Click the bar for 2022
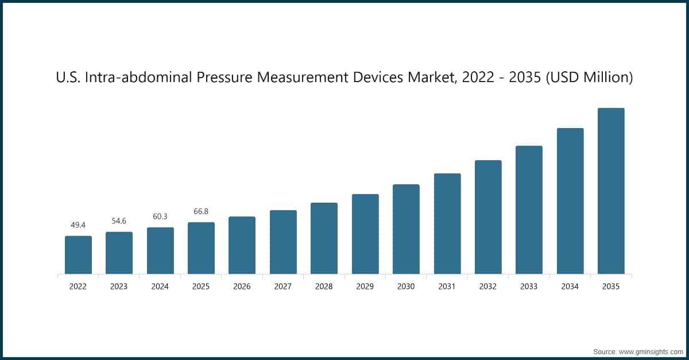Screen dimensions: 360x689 tap(78, 255)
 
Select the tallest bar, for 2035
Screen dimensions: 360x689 tap(611, 191)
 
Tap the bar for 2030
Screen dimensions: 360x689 tap(406, 229)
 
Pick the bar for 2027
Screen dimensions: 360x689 tap(283, 242)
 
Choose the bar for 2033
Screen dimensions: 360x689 tap(529, 210)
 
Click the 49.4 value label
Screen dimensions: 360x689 tap(78, 225)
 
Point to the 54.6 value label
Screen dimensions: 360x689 tap(119, 221)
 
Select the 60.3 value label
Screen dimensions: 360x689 tap(160, 216)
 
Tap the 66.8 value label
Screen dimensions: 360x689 tap(201, 211)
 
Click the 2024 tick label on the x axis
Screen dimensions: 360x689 tap(160, 287)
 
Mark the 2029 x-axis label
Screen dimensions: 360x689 tap(365, 287)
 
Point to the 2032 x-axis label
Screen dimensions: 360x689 tap(488, 287)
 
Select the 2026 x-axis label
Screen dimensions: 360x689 tap(242, 287)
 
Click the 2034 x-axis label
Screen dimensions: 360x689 tap(570, 287)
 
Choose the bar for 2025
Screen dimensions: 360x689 tap(201, 248)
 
